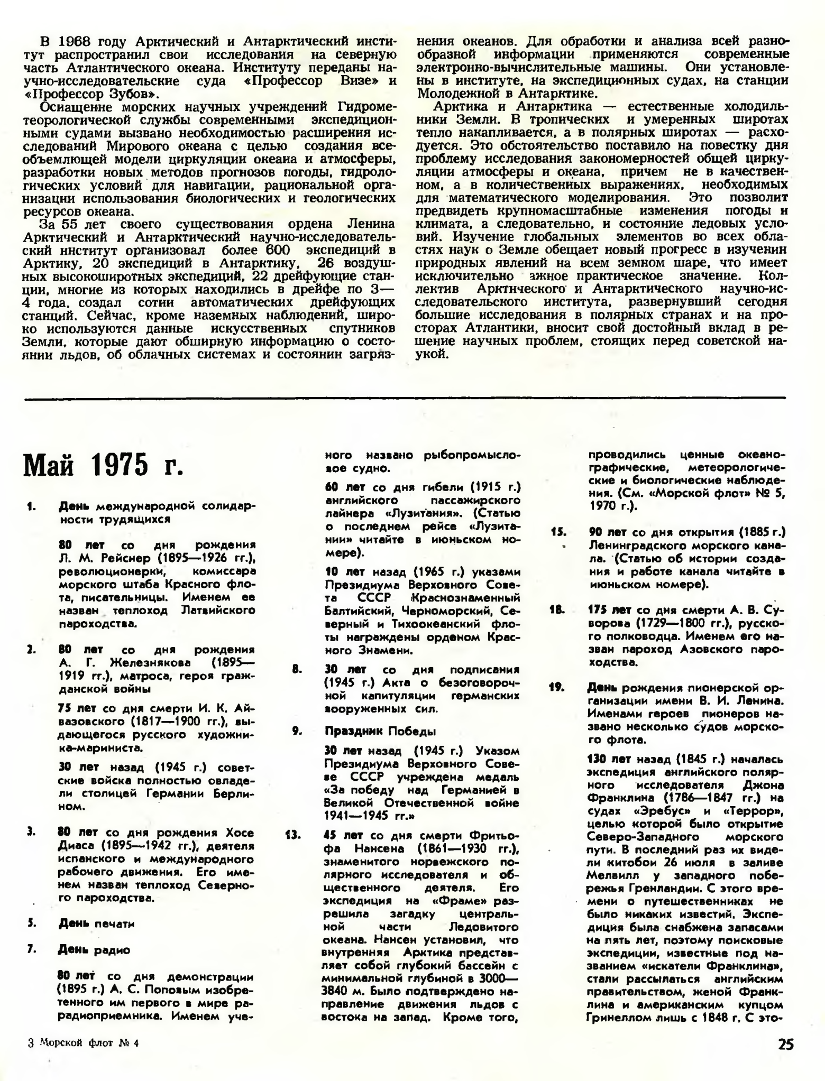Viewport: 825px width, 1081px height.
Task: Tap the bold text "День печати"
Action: pos(96,923)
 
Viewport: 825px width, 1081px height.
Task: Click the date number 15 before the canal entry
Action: pos(558,532)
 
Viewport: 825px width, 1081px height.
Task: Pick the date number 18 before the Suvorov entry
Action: pos(557,610)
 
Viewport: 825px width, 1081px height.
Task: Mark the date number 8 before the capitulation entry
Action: pos(297,669)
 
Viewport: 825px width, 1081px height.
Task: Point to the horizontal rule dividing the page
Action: pos(405,398)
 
